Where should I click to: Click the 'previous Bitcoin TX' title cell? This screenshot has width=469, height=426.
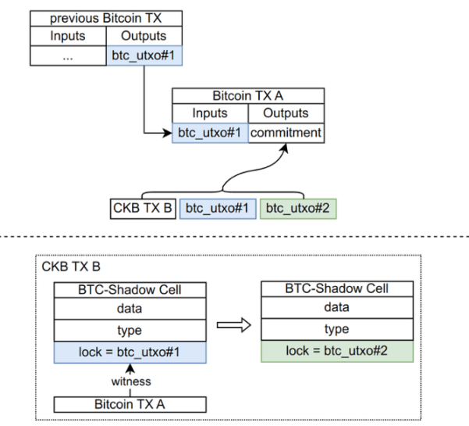(106, 18)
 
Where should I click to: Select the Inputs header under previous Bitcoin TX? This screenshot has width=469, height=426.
(68, 36)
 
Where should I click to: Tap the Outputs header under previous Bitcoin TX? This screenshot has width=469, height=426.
(144, 36)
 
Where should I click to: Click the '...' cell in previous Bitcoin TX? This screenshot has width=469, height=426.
(68, 55)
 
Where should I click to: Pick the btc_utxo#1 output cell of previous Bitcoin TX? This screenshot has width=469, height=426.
(144, 55)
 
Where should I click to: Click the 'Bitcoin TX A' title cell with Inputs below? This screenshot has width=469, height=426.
(248, 96)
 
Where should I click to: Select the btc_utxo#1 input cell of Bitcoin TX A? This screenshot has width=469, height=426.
(210, 133)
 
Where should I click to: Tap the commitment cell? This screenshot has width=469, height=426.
(286, 133)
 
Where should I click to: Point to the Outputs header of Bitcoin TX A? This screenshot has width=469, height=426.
(286, 113)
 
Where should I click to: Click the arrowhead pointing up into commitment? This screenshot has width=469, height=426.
(286, 149)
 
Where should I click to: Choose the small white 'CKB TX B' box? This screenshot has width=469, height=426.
(143, 209)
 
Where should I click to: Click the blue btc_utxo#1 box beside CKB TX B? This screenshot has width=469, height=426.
(218, 209)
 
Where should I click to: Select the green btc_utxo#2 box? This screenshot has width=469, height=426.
(298, 209)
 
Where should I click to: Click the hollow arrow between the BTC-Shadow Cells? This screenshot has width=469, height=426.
(234, 325)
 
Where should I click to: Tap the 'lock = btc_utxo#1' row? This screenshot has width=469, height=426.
(130, 353)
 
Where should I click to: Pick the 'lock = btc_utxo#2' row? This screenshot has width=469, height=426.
(337, 351)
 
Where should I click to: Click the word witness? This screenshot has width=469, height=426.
(131, 381)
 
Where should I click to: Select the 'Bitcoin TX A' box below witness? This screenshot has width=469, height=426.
(130, 404)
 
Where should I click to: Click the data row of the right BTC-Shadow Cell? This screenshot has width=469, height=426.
(337, 307)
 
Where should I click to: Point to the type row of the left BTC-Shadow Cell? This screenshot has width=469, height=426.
(130, 331)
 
